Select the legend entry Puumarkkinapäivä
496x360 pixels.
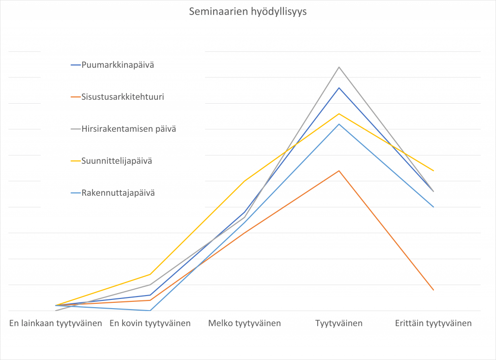pos(118,64)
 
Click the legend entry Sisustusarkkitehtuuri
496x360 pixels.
pos(123,97)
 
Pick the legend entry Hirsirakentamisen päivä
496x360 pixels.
pos(128,129)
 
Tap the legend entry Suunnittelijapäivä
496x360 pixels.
pos(117,161)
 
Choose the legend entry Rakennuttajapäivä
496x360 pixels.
pos(118,193)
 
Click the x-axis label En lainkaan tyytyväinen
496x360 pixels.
pos(56,323)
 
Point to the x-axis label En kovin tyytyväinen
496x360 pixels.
pos(150,323)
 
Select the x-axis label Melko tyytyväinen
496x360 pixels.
pos(245,323)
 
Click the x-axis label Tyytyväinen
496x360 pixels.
pos(339,323)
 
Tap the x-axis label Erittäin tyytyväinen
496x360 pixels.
pos(434,323)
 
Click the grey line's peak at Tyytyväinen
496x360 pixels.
pos(339,67)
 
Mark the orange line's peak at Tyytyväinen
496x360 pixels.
pos(339,171)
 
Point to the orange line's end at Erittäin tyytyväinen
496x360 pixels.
pos(434,290)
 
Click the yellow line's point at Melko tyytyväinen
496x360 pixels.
pos(245,181)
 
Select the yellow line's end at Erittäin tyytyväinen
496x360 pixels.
pos(434,171)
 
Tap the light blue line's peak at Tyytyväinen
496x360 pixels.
pos(339,124)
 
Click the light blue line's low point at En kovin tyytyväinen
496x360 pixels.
pos(150,310)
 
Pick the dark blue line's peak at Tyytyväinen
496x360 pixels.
pos(339,88)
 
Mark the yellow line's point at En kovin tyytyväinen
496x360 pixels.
pos(150,274)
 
